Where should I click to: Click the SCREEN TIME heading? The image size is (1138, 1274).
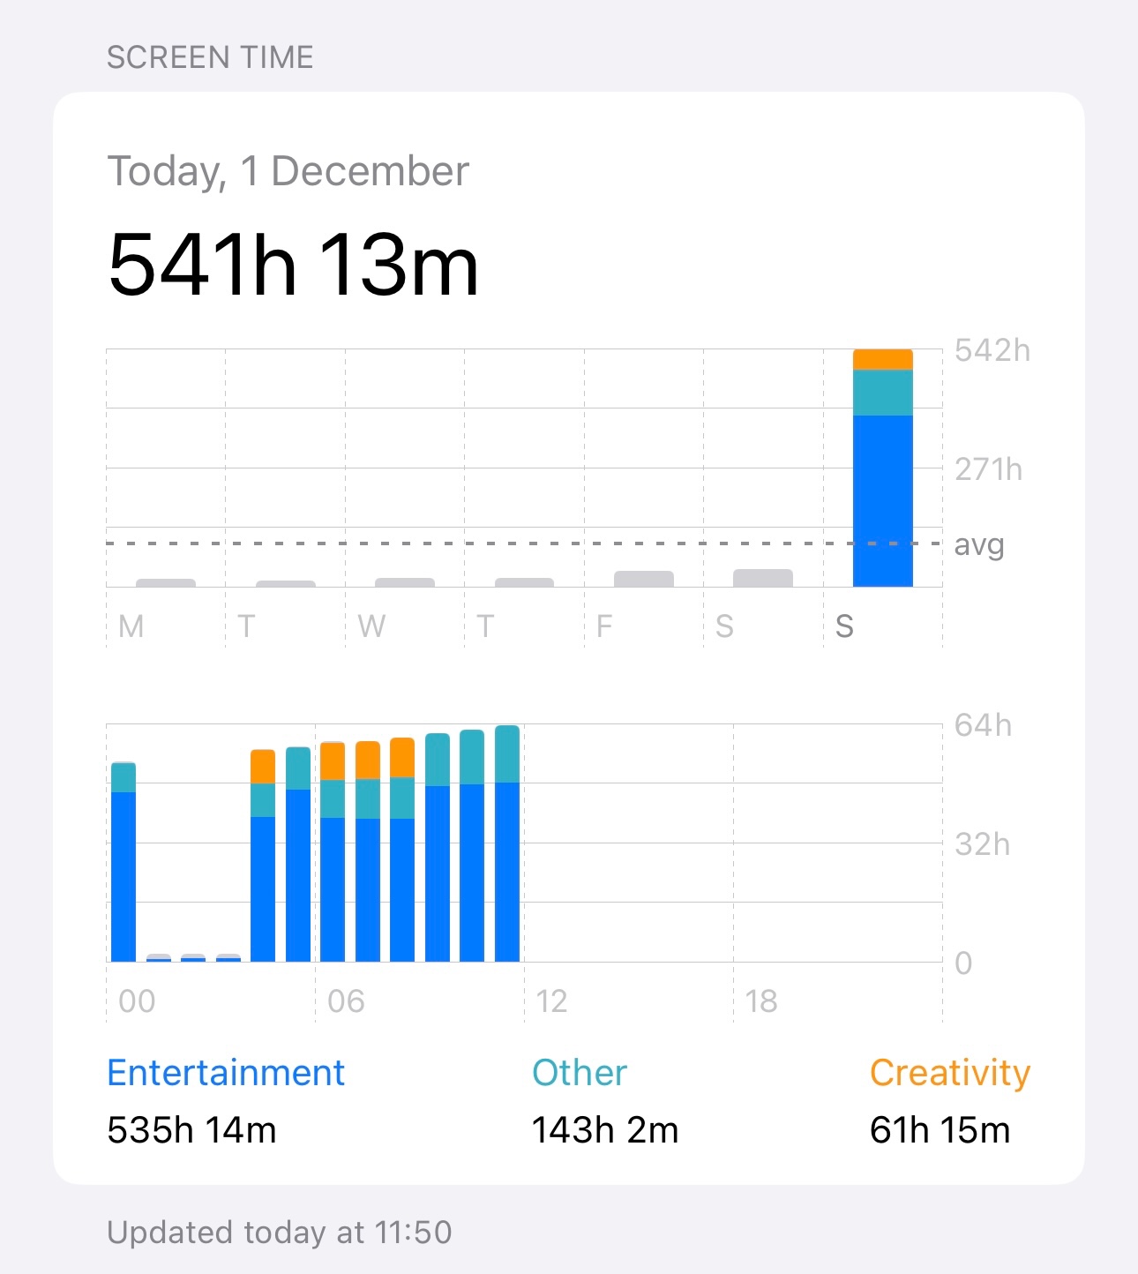coord(210,58)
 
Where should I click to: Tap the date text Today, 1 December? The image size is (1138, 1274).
coord(288,171)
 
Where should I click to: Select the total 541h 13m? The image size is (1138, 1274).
coord(293,265)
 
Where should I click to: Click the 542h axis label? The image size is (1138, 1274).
coord(992,351)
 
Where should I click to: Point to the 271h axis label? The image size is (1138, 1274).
coord(988,469)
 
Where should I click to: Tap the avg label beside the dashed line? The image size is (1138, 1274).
coord(979,545)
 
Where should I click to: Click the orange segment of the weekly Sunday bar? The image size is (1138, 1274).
coord(882,359)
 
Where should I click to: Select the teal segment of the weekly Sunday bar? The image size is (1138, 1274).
coord(882,393)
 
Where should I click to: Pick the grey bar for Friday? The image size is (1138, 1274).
coord(643,579)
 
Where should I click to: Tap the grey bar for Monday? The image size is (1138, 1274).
coord(166,583)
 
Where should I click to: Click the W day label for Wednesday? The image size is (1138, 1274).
coord(371,626)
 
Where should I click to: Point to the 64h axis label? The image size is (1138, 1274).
coord(983,726)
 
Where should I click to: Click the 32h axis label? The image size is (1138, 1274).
coord(982,845)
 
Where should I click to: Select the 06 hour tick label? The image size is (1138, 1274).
coord(345,1001)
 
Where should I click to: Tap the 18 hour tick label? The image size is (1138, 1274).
coord(760,1001)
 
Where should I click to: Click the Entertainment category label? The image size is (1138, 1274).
coord(226,1073)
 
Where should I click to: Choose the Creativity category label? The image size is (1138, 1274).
coord(949,1073)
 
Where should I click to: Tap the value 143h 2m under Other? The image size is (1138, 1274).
coord(604,1130)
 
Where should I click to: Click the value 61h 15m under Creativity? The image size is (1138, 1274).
coord(940,1130)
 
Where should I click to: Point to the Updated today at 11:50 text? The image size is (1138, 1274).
coord(279,1233)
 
